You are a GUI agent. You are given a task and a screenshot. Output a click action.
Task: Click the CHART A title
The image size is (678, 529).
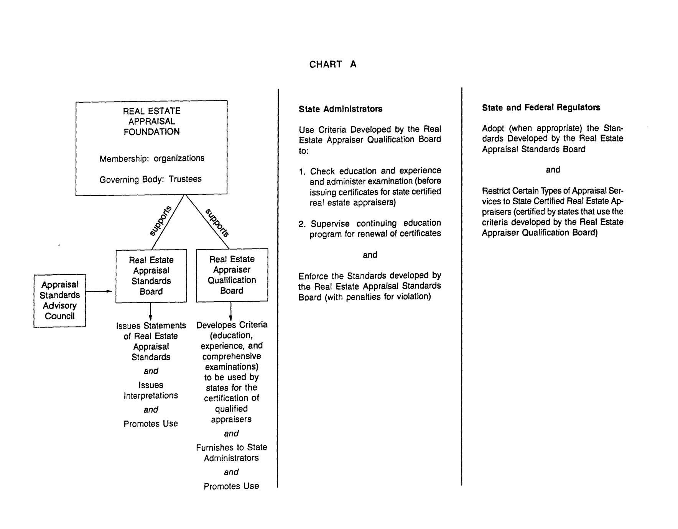(333, 64)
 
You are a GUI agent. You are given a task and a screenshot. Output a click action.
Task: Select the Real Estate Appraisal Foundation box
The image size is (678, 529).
(151, 148)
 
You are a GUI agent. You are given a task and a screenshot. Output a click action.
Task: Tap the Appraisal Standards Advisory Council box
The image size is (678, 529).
(59, 301)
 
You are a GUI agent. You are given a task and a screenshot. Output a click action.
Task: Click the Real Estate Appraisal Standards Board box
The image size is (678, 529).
(151, 276)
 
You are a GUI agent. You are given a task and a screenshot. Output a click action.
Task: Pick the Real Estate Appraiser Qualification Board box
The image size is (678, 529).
(232, 275)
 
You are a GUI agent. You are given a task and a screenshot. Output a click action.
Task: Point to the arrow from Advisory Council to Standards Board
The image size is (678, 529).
(99, 292)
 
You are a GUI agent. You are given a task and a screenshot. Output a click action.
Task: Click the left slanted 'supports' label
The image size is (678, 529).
(160, 221)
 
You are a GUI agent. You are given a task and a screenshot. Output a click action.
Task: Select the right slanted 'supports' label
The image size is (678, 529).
(217, 223)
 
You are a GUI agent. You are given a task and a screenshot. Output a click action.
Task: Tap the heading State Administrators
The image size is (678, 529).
(341, 109)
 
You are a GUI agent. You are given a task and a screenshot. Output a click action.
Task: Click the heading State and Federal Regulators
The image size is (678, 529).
(541, 108)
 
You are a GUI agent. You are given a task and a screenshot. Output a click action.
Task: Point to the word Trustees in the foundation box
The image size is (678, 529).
(185, 179)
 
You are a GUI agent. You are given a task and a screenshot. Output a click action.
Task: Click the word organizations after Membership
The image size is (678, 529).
(179, 158)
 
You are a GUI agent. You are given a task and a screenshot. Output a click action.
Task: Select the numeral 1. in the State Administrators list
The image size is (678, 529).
(302, 171)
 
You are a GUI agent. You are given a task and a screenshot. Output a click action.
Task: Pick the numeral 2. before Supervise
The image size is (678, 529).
(302, 224)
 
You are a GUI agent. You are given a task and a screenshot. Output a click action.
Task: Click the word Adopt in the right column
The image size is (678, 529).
(493, 128)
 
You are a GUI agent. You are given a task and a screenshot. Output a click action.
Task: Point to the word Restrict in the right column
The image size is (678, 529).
(495, 191)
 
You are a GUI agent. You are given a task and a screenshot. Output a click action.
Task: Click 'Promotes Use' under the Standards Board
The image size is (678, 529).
(151, 424)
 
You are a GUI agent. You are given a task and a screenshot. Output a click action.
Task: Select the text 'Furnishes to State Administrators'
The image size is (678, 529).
(231, 453)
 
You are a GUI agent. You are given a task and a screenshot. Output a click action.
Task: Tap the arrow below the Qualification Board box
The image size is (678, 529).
(230, 311)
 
